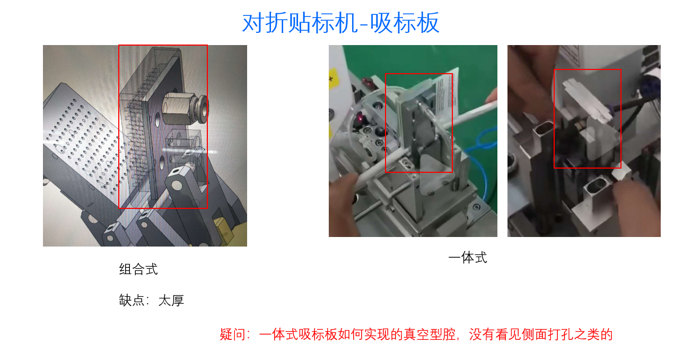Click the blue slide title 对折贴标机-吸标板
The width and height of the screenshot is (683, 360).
tap(340, 23)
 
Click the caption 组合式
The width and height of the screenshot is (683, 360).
tap(138, 269)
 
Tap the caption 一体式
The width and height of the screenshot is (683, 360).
tap(467, 258)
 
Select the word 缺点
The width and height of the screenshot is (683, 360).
tap(132, 301)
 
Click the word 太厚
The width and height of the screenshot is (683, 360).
tap(171, 301)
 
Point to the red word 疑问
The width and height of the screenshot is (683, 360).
tap(232, 335)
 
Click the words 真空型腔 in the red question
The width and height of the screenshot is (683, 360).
tap(430, 335)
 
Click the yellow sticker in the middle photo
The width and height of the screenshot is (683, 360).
tap(332, 79)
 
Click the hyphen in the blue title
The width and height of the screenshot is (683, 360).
tap(363, 24)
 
